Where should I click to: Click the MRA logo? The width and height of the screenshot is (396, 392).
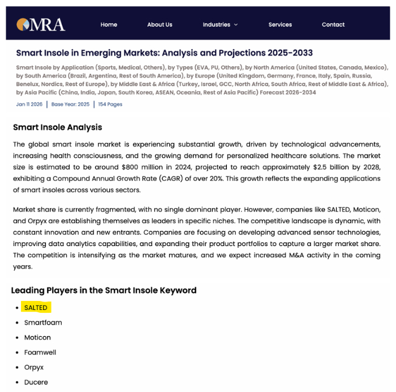pos(41,24)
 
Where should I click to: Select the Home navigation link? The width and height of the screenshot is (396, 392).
pos(109,24)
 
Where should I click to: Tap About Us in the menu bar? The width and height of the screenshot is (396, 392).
pos(160,24)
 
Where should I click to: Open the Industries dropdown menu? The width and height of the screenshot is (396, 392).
pos(220,24)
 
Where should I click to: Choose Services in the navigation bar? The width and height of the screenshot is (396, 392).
pos(280,24)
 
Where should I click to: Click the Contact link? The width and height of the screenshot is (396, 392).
pos(333,24)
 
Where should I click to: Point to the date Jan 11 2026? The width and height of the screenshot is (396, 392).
pos(29,104)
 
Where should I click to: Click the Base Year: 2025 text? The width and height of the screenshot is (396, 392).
pos(70,104)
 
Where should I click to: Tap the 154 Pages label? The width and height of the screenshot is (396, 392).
pos(110,104)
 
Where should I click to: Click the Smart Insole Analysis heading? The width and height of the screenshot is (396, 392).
pos(58,127)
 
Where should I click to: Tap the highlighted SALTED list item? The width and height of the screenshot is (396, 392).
pos(36,308)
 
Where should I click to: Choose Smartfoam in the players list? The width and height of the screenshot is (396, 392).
pos(43,322)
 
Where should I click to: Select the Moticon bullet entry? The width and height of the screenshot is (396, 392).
pos(37,337)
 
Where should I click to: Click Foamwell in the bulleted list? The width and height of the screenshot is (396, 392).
pos(40,352)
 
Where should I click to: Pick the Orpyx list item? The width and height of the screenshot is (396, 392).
pos(34,367)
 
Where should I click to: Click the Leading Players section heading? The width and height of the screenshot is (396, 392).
pos(104,290)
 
